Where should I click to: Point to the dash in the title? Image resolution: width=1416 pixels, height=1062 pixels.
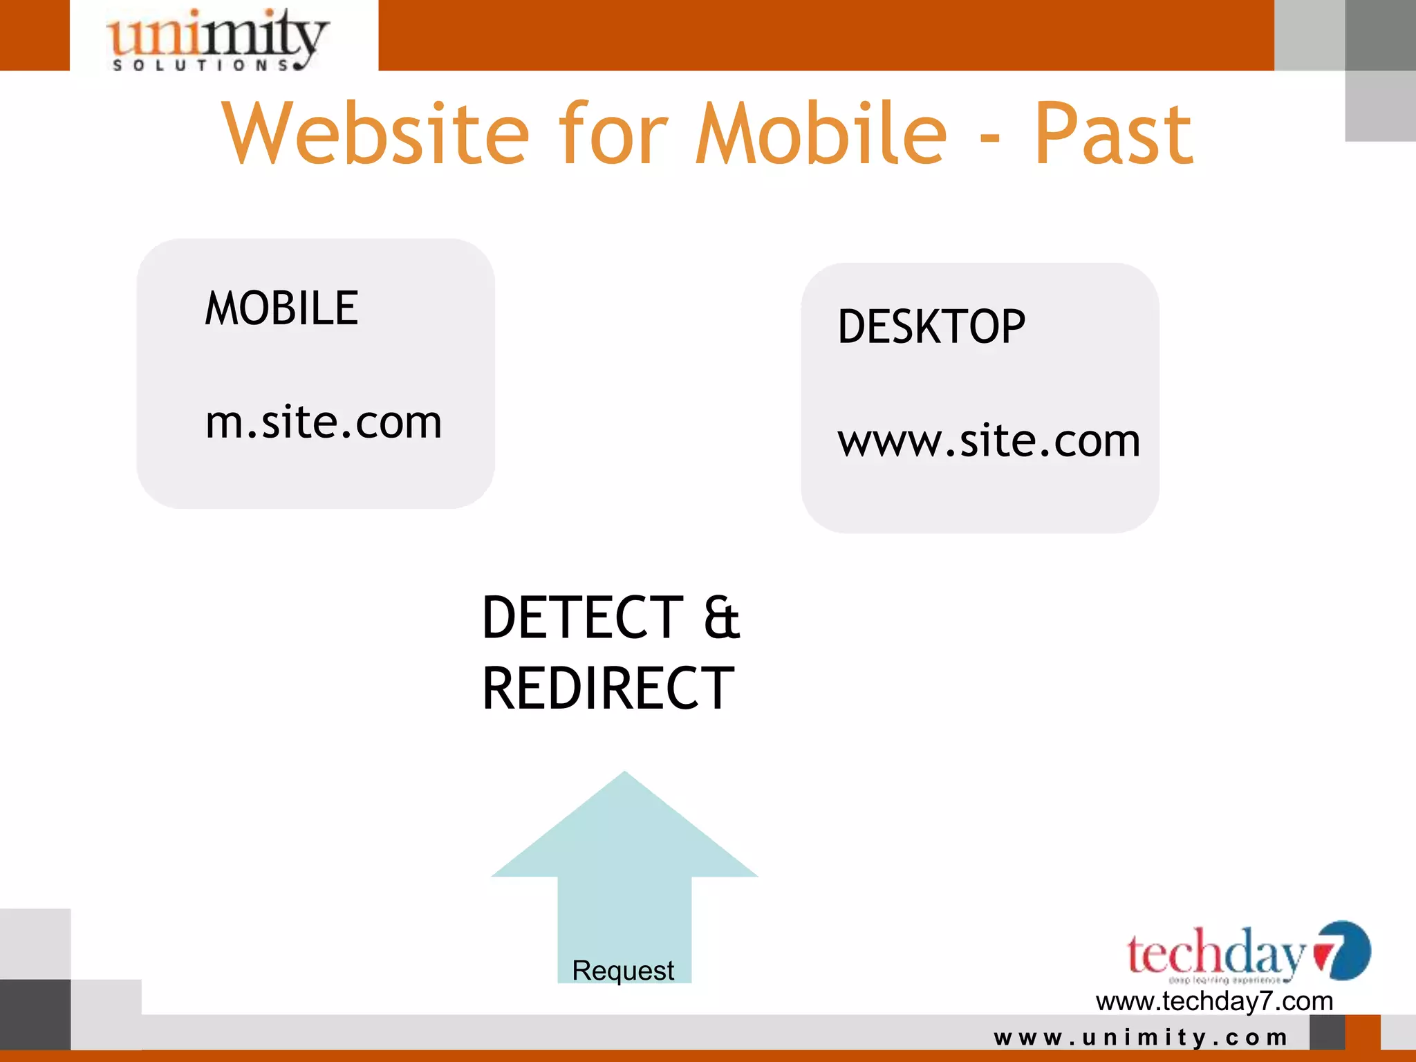pos(990,138)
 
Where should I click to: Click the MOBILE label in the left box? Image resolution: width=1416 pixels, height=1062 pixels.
pos(281,308)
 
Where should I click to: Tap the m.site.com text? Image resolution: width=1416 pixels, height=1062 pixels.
pos(324,422)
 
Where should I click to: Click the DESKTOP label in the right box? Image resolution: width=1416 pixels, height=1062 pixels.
pos(931,327)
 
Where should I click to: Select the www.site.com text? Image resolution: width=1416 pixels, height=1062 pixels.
pos(989,440)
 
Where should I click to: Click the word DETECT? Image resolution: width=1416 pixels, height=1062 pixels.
pos(583,617)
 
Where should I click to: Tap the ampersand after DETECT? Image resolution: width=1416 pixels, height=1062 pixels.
pos(722,617)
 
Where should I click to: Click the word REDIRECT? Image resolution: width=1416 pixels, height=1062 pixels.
pos(608,689)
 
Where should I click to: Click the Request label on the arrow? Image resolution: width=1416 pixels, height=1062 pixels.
pos(623,971)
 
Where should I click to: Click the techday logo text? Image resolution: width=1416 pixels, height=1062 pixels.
pos(1215,954)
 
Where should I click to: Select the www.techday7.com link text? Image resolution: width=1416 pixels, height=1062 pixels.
pos(1214,1001)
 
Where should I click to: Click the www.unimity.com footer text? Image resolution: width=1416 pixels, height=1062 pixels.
pos(1141,1037)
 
